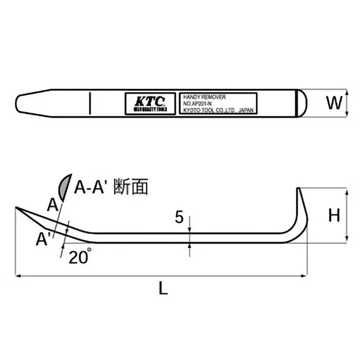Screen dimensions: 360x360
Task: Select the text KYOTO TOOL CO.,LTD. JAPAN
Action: [x=218, y=109]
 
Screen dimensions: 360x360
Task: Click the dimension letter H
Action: [x=333, y=216]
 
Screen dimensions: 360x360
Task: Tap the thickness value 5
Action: [x=179, y=218]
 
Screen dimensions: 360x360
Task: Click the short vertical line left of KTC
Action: [x=90, y=103]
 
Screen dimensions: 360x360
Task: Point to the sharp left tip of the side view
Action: [x=17, y=208]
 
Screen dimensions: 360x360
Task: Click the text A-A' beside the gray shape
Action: [x=92, y=187]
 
